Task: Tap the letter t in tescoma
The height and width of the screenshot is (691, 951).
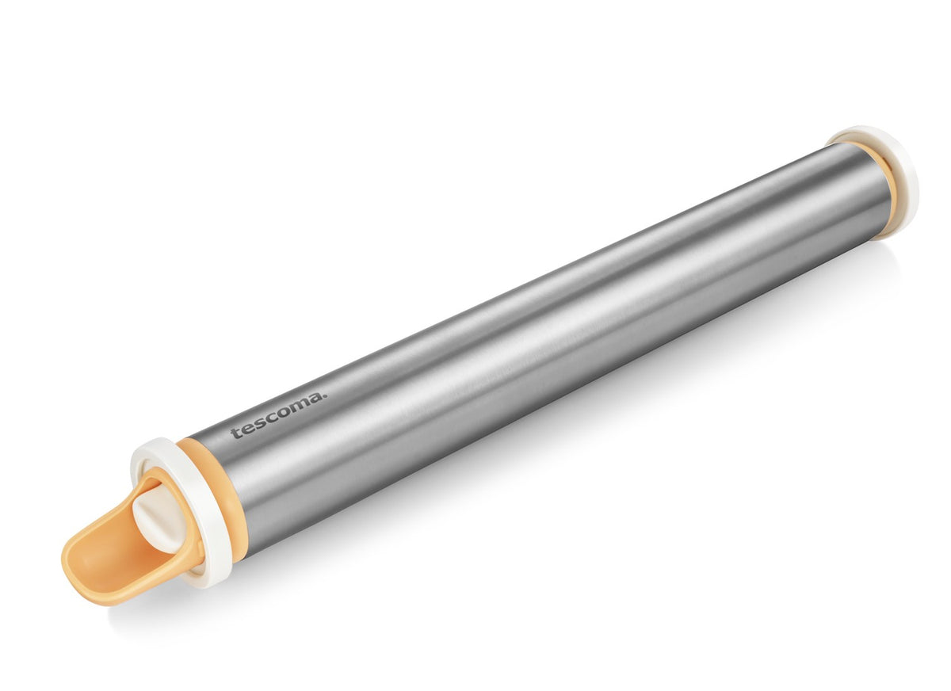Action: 235,433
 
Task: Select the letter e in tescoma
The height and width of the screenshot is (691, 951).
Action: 247,429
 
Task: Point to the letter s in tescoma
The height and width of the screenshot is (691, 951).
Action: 261,423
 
